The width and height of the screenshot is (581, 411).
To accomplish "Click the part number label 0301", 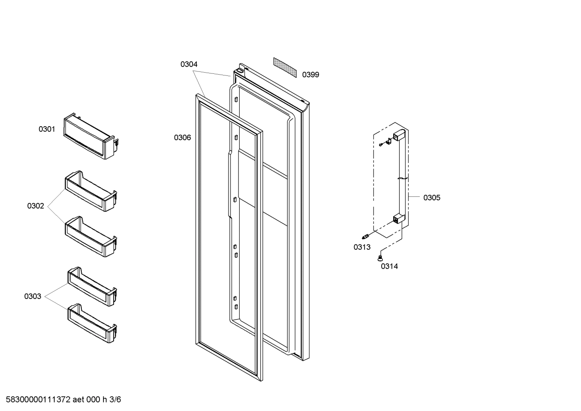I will pos(47,129).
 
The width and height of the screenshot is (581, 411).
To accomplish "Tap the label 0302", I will pos(35,206).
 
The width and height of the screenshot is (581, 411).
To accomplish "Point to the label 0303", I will pos(33,296).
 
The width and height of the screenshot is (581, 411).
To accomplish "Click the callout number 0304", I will pos(189,64).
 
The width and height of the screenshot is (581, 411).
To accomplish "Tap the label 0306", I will pos(183,138).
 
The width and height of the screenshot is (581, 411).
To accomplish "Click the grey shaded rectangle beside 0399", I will pos(284,67).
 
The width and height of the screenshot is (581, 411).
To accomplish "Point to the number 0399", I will pos(311,75).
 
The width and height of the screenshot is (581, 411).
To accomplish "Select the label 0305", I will pos(432,198).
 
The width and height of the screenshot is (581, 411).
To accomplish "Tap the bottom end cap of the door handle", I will pos(398,219).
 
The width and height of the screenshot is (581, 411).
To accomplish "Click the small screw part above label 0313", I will pos(366,236).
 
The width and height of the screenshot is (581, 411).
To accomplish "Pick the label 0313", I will pos(362,247).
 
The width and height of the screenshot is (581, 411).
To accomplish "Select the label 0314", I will pos(389,266).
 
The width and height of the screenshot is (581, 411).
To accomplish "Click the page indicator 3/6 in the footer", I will pos(115,400).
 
